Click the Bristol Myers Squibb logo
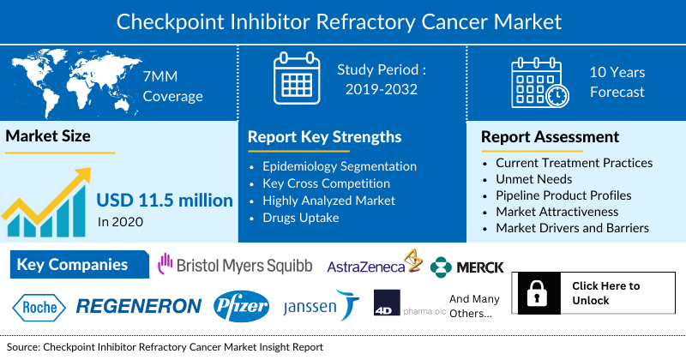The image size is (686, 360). click(x=234, y=266)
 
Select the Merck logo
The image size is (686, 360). click(x=467, y=267)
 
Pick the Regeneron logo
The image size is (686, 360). click(x=139, y=306)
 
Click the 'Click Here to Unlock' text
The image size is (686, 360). click(x=605, y=293)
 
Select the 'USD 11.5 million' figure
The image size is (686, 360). click(x=165, y=201)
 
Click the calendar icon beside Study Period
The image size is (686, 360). click(x=295, y=80)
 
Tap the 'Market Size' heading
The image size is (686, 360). click(x=48, y=135)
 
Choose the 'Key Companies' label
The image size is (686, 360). click(x=72, y=265)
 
